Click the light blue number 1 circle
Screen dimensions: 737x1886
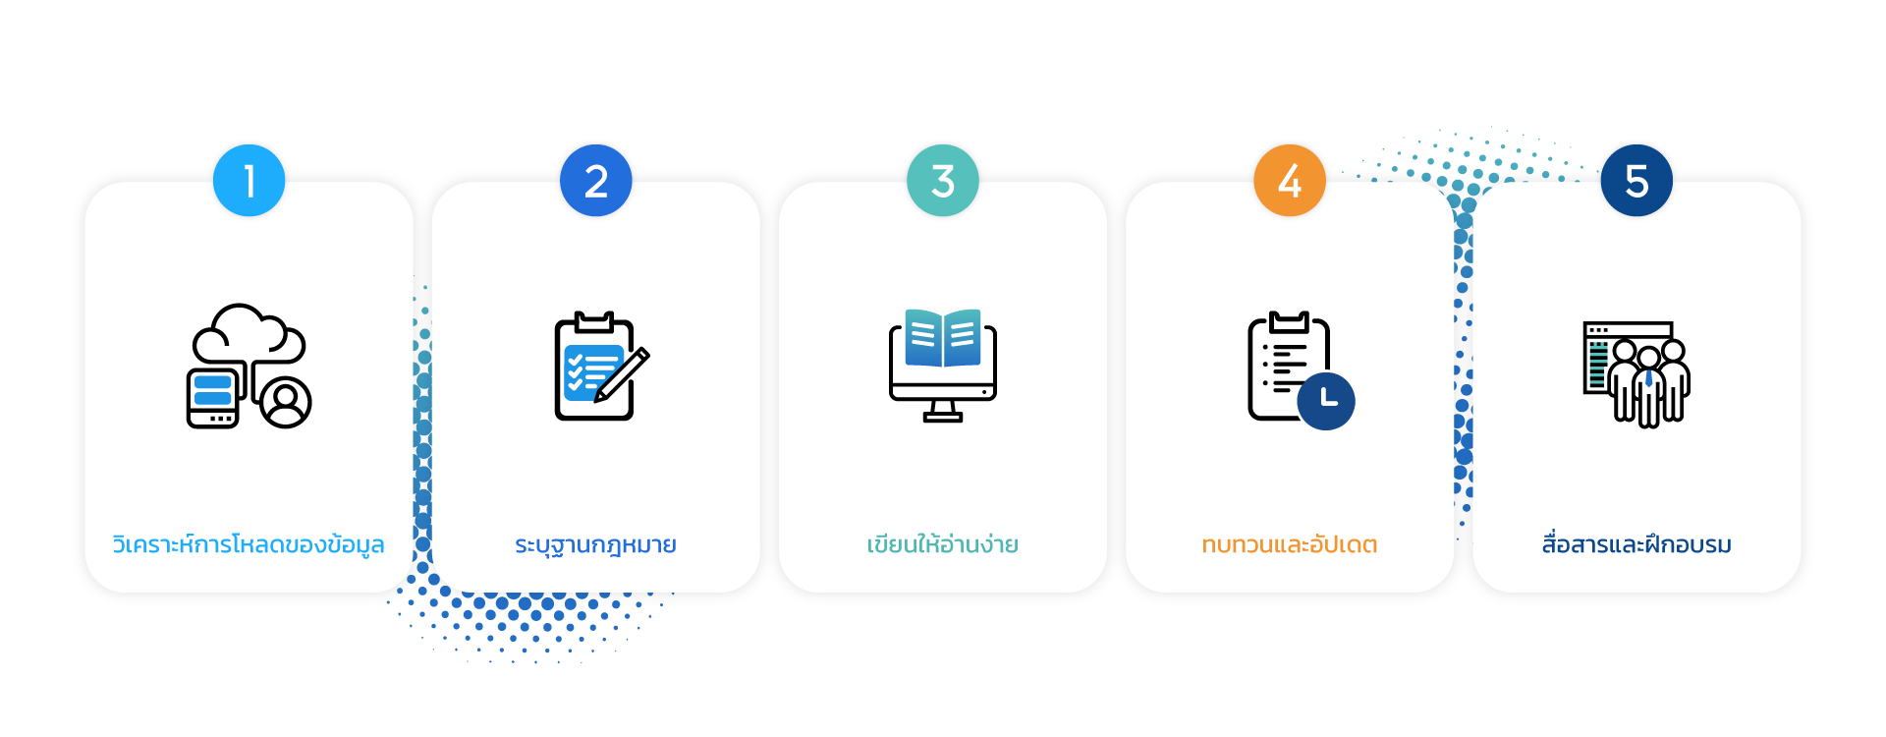coord(249,181)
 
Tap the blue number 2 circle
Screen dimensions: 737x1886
coord(595,181)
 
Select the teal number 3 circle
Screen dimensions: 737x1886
coord(942,181)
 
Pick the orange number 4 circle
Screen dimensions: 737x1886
coord(1289,181)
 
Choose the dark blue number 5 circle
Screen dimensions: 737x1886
coord(1636,181)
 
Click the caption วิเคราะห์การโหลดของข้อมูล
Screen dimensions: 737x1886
coord(249,544)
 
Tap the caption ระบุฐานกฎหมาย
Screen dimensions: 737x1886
coord(595,544)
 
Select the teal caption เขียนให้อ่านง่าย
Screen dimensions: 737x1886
coord(942,544)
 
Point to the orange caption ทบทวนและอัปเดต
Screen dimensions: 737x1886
coord(1289,544)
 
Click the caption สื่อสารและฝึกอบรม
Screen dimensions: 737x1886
coord(1636,544)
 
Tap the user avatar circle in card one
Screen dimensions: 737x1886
coord(286,402)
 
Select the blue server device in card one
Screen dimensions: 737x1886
coord(213,397)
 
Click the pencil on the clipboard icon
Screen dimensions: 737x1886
coord(623,374)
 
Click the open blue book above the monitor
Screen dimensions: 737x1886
coord(942,337)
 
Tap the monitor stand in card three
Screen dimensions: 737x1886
coord(942,412)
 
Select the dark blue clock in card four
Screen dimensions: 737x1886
coord(1325,401)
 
